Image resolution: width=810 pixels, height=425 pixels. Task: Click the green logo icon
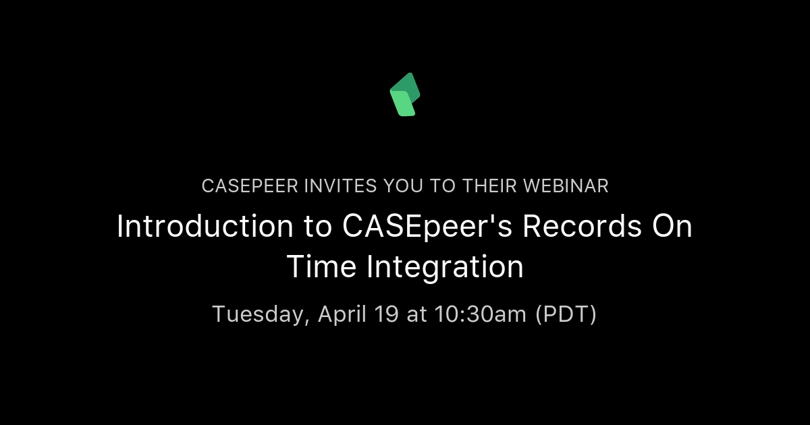[x=405, y=94]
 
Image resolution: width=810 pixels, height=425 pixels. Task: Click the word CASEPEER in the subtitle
[x=242, y=186]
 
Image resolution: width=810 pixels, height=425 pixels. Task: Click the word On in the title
[x=670, y=227]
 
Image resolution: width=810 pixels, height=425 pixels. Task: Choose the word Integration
[x=446, y=267]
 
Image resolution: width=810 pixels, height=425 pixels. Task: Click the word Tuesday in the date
[x=261, y=314]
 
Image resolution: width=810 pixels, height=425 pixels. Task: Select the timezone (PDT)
[x=566, y=314]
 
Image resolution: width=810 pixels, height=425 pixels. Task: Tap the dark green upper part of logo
[x=410, y=84]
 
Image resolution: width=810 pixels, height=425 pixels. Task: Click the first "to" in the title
[x=315, y=227]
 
